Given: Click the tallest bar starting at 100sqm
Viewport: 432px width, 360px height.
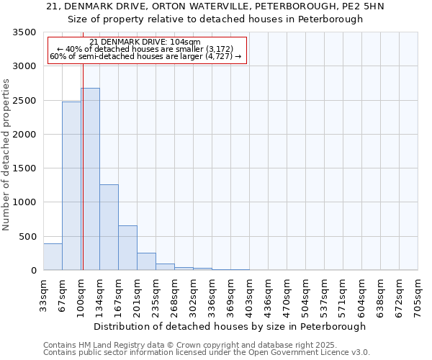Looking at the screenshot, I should (x=90, y=179).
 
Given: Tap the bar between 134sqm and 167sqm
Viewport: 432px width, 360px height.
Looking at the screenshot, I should (x=109, y=228).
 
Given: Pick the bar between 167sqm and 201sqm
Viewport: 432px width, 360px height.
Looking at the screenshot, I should (x=127, y=248).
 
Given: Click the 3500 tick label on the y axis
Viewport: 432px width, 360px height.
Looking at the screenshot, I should (x=24, y=32).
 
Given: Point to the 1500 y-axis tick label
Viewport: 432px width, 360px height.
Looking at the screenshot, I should (x=24, y=168).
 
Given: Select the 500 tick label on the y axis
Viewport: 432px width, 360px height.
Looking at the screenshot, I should (x=27, y=237).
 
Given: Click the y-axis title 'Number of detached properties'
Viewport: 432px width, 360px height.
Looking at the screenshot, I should (x=6, y=155).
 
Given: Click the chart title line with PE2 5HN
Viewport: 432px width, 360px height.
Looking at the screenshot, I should (x=215, y=6).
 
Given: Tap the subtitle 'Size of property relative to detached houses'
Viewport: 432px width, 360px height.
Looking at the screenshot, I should (x=215, y=19).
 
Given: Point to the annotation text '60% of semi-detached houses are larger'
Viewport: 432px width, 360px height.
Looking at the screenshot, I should (x=146, y=56).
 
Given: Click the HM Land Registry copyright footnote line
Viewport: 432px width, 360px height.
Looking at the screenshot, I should (x=190, y=345).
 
